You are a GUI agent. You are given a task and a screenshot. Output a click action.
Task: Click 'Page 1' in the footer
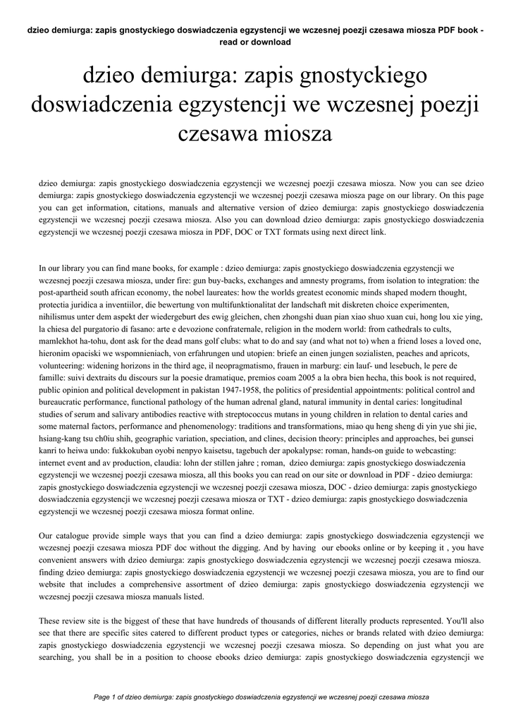point(108,697)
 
